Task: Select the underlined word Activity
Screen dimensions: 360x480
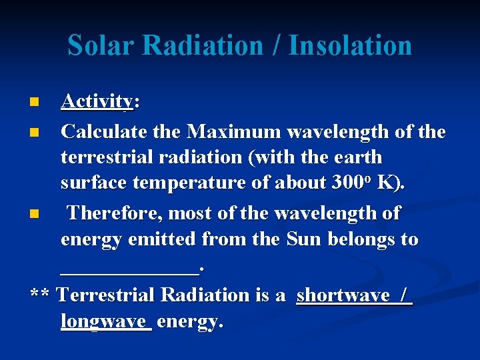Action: tap(97, 101)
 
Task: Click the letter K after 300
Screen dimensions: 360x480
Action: tap(389, 183)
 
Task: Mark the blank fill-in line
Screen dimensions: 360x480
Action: tap(129, 270)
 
